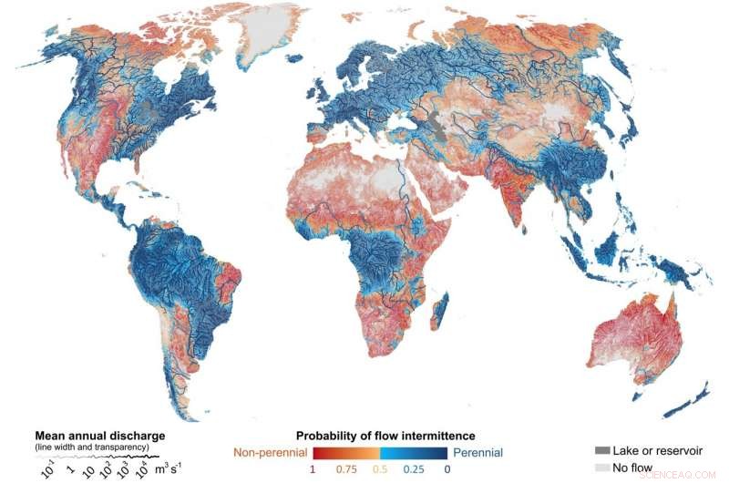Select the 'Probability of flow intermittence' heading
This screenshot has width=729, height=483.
[385, 436]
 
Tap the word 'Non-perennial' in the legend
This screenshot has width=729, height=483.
[270, 452]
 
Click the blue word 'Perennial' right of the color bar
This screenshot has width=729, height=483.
[477, 452]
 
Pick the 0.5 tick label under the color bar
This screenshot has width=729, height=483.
[381, 469]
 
